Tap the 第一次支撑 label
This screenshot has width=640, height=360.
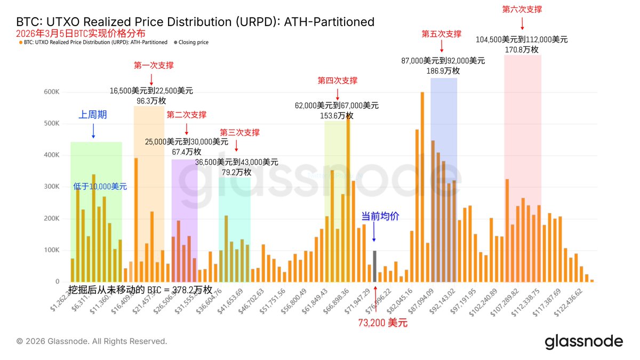pyautogui.click(x=154, y=65)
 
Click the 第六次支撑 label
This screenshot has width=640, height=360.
pyautogui.click(x=522, y=9)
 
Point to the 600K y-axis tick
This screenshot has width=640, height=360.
pyautogui.click(x=51, y=92)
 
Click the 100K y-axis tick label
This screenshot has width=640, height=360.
pyautogui.click(x=51, y=250)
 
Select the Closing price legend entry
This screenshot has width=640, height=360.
pyautogui.click(x=193, y=42)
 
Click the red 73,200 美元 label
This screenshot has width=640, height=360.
pyautogui.click(x=382, y=323)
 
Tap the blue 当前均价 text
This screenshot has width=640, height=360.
pyautogui.click(x=380, y=216)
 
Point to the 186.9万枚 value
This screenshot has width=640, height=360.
pyautogui.click(x=444, y=70)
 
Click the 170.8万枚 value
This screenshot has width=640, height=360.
pyautogui.click(x=522, y=50)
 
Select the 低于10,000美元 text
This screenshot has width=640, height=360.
pyautogui.click(x=100, y=186)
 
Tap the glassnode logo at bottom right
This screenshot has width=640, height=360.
pyautogui.click(x=583, y=341)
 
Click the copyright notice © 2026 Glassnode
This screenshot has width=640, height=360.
pyautogui.click(x=92, y=341)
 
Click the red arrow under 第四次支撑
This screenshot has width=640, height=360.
pyautogui.click(x=338, y=93)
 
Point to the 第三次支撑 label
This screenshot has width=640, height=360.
pyautogui.click(x=239, y=132)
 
